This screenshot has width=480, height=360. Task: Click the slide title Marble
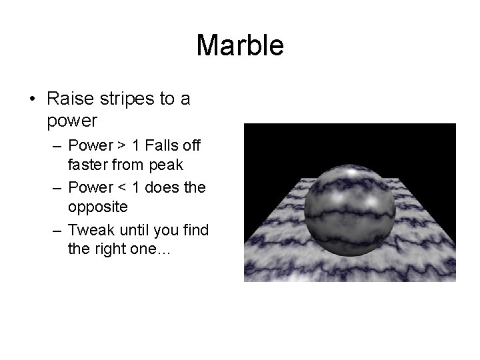pos(240,46)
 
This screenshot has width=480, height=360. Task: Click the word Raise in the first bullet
pos(68,99)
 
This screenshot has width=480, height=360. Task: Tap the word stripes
pos(125,99)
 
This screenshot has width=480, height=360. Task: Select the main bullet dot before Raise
pos(32,100)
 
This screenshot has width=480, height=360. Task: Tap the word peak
pos(169,164)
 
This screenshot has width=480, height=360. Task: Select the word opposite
pos(97,207)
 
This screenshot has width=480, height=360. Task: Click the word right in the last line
pos(113,249)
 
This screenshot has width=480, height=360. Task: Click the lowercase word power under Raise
pos(73,121)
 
